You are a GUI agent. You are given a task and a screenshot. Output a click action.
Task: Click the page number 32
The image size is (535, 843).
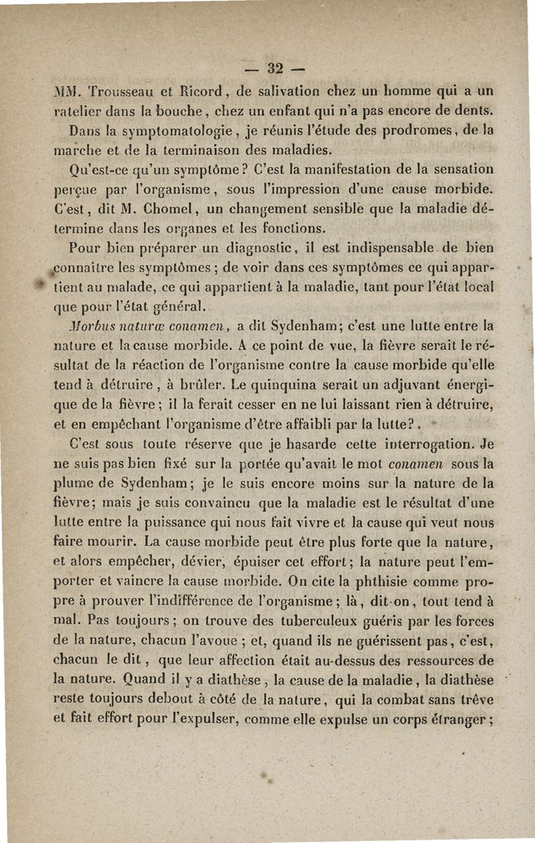point(275,68)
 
